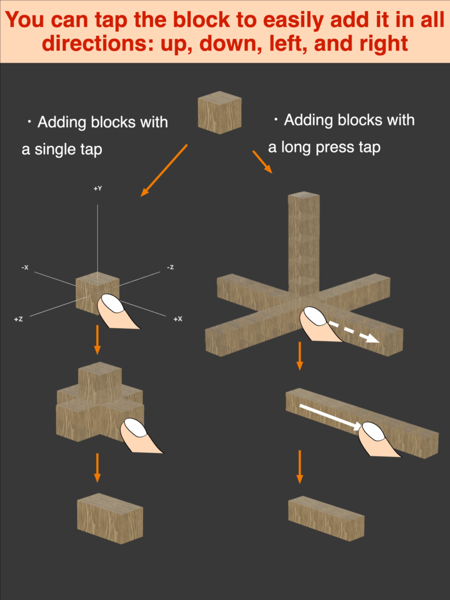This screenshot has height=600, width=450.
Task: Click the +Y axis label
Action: [98, 189]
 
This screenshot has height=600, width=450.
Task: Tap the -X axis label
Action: [25, 267]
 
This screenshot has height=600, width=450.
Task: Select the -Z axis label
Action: [170, 267]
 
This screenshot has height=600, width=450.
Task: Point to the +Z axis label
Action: [18, 319]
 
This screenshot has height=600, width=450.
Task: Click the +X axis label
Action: [178, 319]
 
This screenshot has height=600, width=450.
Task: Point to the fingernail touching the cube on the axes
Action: [111, 304]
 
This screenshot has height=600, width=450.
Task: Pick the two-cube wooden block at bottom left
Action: [110, 517]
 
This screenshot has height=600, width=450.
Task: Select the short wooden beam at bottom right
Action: [326, 518]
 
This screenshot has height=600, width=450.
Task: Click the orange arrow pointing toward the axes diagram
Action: [163, 171]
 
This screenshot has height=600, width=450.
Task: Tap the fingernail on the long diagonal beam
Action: [373, 432]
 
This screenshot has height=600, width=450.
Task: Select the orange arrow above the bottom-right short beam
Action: [299, 466]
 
